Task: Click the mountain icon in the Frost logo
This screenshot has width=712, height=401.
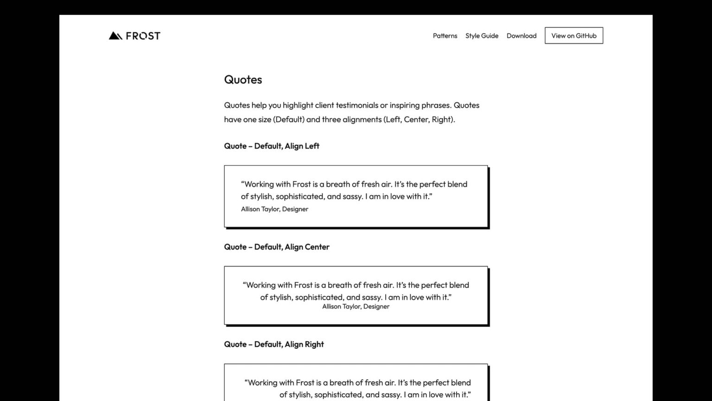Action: click(115, 36)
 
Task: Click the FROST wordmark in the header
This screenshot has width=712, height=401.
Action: click(143, 36)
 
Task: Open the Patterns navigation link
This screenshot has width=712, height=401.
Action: click(445, 36)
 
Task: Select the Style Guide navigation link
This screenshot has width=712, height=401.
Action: click(482, 36)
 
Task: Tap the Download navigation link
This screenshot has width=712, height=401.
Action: click(521, 36)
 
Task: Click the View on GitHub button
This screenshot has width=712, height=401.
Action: click(574, 36)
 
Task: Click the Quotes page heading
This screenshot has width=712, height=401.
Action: click(243, 80)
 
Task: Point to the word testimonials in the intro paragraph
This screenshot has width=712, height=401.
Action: click(357, 105)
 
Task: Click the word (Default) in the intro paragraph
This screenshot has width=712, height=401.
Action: click(289, 119)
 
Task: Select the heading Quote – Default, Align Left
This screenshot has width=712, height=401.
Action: click(272, 146)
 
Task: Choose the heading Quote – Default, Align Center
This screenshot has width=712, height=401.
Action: click(277, 247)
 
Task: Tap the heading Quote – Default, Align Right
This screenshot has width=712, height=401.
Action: click(274, 344)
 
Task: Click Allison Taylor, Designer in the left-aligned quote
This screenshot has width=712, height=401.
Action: click(274, 209)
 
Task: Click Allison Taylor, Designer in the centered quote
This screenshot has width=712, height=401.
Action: click(356, 307)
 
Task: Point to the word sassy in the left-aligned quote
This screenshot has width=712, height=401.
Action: click(352, 197)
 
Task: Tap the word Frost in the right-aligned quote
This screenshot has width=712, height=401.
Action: click(305, 383)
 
